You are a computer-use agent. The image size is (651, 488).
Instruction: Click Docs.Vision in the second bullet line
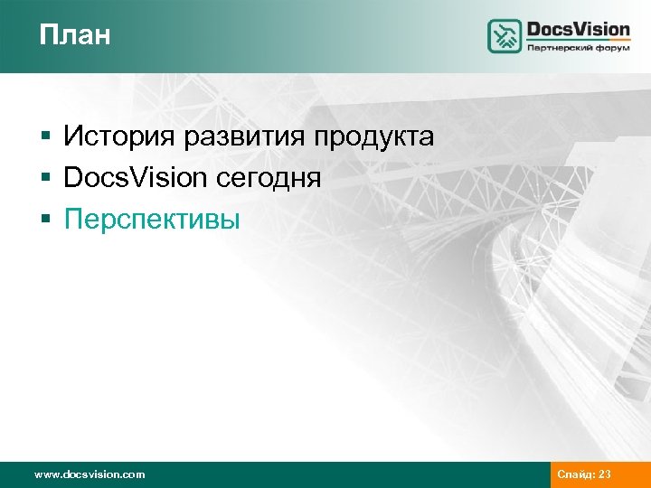pos(135,178)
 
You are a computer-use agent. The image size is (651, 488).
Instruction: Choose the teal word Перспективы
pos(152,219)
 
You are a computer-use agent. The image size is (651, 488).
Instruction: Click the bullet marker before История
pos(45,138)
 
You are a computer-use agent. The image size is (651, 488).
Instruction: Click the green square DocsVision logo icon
pos(505,36)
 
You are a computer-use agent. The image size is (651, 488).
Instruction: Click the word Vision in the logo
pos(603,29)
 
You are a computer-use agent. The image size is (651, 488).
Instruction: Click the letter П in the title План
pos(47,35)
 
